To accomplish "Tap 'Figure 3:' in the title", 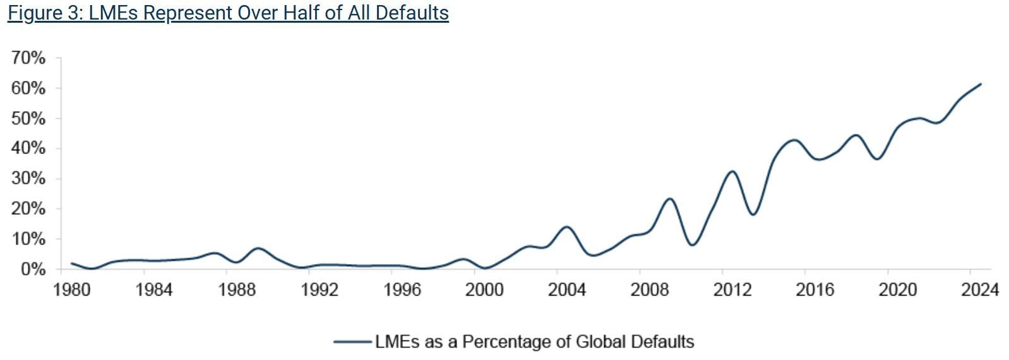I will [45, 13].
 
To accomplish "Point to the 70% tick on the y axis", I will [28, 58].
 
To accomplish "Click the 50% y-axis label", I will [28, 119].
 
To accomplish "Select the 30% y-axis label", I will [28, 179].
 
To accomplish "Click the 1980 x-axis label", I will [71, 290].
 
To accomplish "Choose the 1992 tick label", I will [319, 290].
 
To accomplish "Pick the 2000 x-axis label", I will [484, 290].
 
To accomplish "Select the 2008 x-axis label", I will [650, 290].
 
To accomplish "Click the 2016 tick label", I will [815, 290].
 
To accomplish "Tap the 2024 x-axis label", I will [979, 290].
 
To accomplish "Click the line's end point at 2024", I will [981, 84].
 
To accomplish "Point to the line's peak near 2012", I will [732, 171].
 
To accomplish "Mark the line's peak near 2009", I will [670, 199].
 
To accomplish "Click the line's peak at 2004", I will [566, 227].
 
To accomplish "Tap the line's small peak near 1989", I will [258, 248].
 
